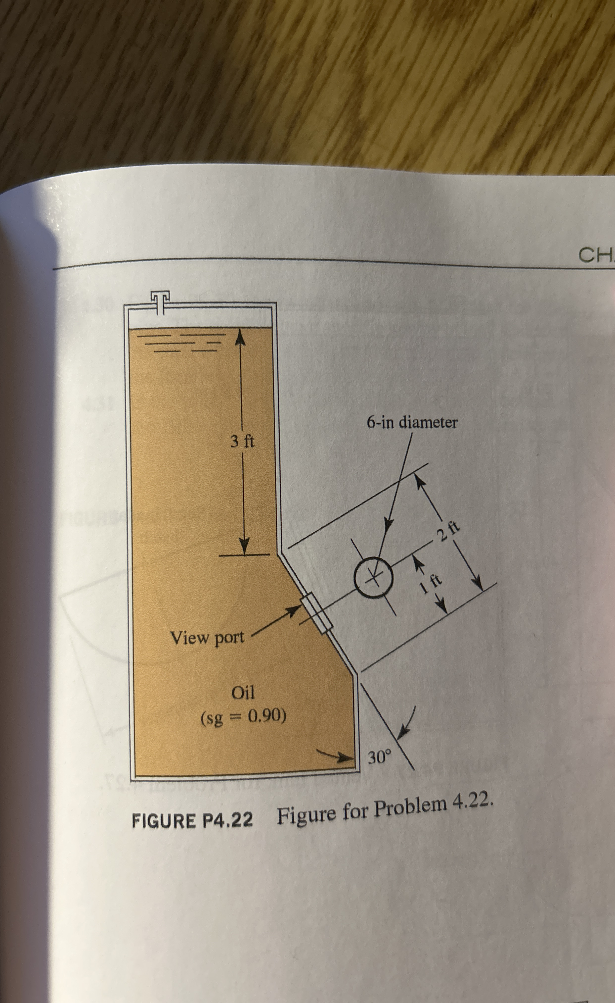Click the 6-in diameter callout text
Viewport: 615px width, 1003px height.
(x=412, y=423)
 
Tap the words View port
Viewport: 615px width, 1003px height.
(x=207, y=638)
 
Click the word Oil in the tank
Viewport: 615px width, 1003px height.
(x=243, y=692)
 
